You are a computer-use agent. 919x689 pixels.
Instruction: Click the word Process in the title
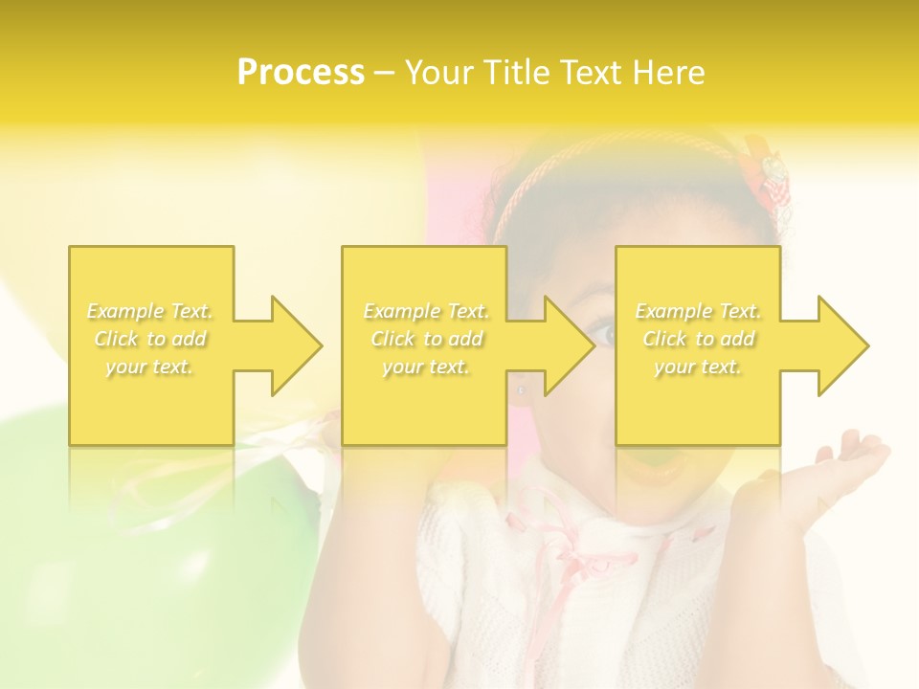[301, 73]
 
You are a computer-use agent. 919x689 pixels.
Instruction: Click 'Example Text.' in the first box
[150, 311]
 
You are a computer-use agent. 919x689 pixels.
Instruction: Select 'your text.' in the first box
[150, 367]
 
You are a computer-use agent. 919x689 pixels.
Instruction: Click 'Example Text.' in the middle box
[426, 311]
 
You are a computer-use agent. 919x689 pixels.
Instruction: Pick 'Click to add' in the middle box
[426, 339]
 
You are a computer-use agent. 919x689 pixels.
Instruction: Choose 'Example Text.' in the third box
[698, 311]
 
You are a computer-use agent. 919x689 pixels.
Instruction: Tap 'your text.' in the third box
[698, 367]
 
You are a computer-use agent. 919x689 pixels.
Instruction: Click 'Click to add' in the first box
[150, 339]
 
